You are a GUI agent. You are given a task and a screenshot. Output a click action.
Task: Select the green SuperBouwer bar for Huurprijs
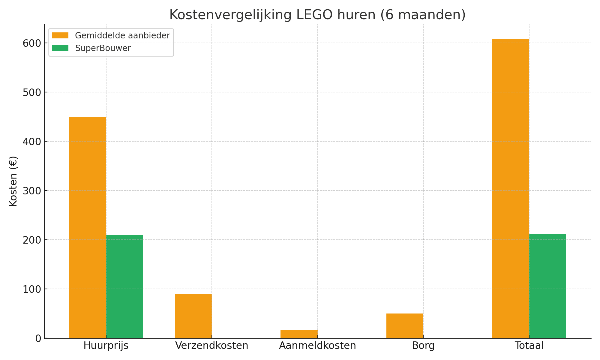(124, 286)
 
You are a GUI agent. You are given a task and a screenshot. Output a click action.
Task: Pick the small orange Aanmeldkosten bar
(299, 334)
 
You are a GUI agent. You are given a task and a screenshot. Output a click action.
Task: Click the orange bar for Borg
(405, 326)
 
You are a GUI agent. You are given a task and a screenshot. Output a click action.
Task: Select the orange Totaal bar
(510, 189)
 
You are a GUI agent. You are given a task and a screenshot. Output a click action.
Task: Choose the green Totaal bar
(547, 286)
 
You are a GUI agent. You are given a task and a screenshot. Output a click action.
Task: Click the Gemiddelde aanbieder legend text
(122, 35)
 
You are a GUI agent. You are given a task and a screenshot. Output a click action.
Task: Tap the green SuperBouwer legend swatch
(60, 48)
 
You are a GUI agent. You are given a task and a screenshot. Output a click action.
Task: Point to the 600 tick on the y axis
(31, 43)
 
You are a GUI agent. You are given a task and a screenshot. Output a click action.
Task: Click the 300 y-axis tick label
(31, 191)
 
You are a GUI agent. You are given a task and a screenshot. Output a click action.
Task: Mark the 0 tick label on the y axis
(38, 338)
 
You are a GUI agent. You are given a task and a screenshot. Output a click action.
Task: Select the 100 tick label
(31, 289)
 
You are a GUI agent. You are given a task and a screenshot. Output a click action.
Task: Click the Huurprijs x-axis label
(106, 346)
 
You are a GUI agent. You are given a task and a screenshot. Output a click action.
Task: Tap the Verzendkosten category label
(211, 346)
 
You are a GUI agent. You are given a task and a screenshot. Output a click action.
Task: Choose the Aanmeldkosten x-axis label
(317, 346)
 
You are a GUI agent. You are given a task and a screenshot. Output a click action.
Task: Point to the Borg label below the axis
(423, 346)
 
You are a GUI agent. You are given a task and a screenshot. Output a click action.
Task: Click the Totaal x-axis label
(529, 346)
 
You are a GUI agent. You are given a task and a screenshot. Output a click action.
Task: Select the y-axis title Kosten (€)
(13, 181)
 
